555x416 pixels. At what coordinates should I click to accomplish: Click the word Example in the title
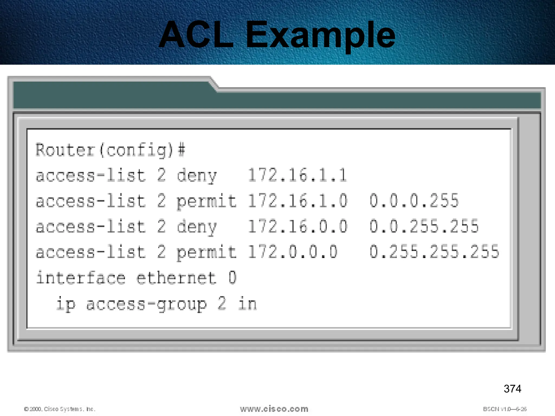point(320,36)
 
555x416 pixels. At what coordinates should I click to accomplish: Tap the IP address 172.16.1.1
point(297,175)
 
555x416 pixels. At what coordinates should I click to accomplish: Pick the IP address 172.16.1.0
point(297,201)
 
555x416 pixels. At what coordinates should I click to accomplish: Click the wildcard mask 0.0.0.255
point(414,201)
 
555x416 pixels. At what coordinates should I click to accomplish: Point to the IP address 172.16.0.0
point(297,226)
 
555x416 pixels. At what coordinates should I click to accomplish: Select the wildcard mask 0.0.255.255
point(424,226)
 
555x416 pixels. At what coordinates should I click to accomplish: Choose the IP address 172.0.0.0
point(292,252)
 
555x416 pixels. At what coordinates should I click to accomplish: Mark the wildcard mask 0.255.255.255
point(434,252)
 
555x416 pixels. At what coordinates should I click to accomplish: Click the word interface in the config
point(80,278)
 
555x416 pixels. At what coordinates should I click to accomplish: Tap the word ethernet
point(176,278)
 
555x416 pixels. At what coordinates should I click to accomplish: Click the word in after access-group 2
point(247,304)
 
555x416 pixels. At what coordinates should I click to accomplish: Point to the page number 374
point(512,389)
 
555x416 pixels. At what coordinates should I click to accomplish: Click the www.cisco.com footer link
point(274,409)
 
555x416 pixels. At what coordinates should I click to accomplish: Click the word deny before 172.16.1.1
point(197,175)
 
